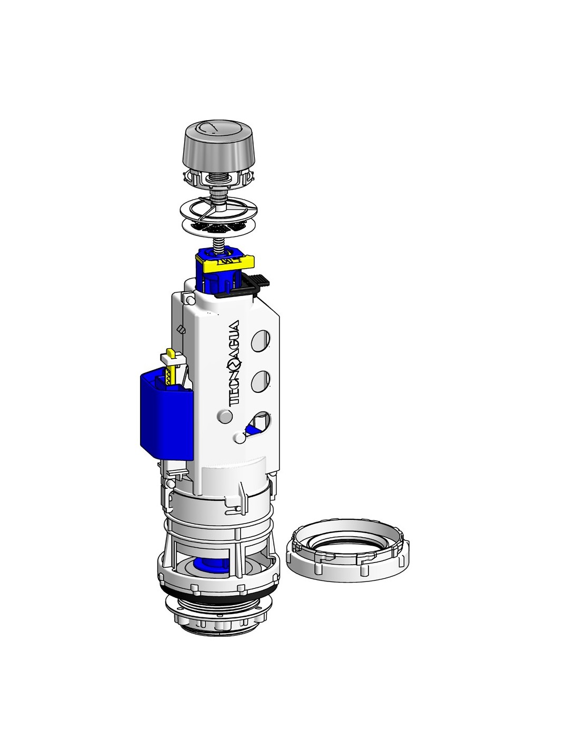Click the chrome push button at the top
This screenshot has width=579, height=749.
[x=218, y=146]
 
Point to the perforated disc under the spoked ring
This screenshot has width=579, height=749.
[x=219, y=226]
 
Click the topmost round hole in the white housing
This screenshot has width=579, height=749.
[x=261, y=341]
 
